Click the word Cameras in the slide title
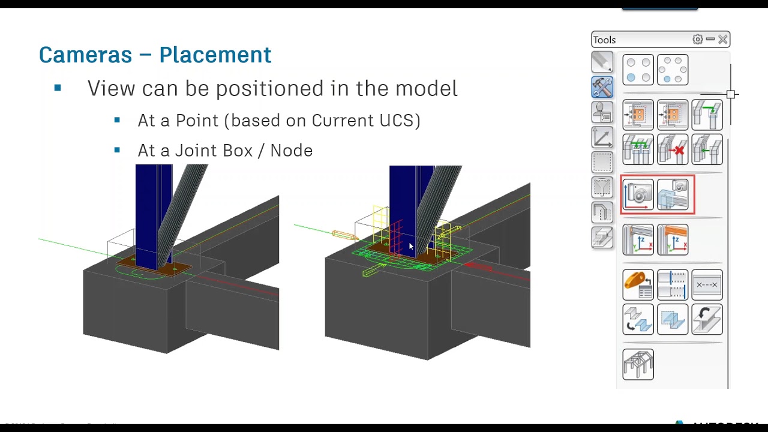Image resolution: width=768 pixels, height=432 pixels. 85,55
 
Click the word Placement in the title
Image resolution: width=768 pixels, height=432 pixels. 215,55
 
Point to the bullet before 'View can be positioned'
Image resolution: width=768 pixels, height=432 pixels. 58,88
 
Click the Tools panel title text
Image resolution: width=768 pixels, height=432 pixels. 604,40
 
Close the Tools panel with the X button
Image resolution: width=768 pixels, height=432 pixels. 722,40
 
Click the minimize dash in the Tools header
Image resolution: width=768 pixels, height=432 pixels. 710,40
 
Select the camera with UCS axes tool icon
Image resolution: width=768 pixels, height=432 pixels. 638,194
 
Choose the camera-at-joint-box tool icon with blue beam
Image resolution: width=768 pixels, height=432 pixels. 673,194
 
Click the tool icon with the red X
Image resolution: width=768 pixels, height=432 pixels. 673,149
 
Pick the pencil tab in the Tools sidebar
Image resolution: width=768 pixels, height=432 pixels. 602,62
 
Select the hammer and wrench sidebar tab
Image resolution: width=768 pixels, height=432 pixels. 602,87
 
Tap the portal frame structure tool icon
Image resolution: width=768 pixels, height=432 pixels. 638,364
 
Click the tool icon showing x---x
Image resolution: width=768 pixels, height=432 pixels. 707,285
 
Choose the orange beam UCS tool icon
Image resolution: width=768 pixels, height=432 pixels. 673,239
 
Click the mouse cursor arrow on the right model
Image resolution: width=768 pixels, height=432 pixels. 411,247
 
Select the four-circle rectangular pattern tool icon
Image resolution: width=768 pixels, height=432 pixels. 638,70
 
